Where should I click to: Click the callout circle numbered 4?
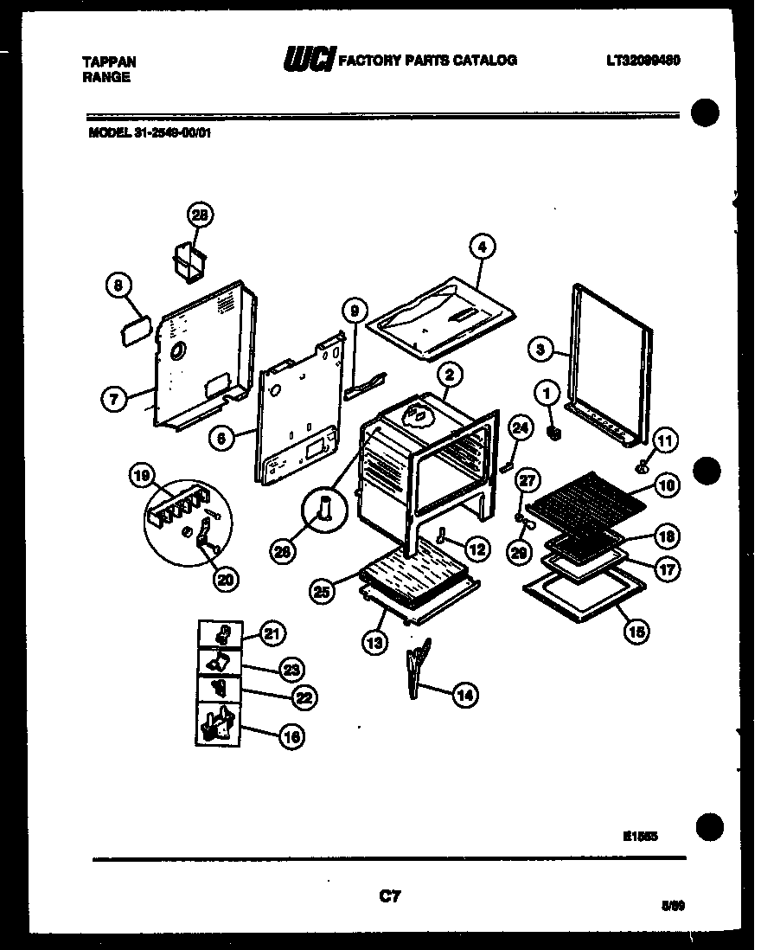pos(483,247)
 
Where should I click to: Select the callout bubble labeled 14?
pos(464,694)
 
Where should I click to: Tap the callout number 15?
pos(636,632)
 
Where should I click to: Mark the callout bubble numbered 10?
pos(664,485)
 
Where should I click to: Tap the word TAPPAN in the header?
pos(108,62)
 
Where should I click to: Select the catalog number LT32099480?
pos(643,61)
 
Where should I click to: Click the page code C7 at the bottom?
pos(389,896)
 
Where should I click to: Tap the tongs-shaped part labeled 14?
pos(417,666)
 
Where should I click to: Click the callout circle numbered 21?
pos(272,634)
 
